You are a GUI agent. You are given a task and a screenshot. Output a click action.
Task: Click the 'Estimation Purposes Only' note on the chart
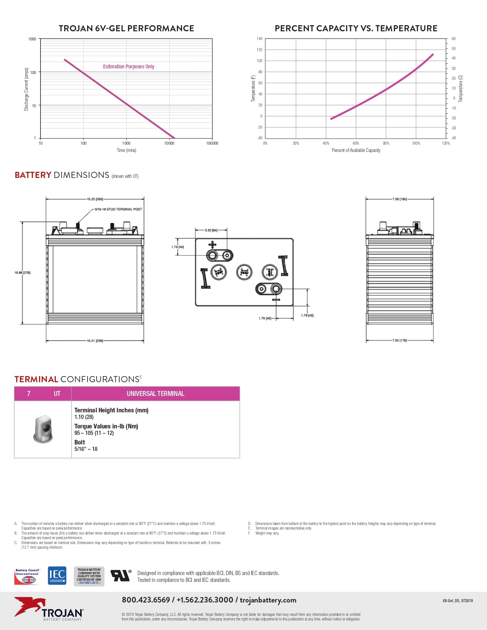[x=129, y=66]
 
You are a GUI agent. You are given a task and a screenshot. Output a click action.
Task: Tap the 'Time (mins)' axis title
[x=126, y=150]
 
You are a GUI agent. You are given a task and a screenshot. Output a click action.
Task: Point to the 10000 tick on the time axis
[x=169, y=144]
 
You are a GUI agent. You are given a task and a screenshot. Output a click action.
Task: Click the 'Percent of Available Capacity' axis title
[x=356, y=150]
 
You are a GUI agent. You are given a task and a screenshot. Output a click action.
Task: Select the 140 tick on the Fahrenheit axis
[x=260, y=39]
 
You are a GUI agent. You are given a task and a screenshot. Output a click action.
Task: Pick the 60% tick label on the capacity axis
[x=356, y=144]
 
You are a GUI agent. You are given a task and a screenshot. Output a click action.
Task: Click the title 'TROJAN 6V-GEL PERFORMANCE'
[x=126, y=28]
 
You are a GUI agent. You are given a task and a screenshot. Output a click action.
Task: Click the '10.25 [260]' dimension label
[x=95, y=199]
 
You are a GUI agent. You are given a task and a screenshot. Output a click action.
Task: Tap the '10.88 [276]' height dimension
[x=23, y=273]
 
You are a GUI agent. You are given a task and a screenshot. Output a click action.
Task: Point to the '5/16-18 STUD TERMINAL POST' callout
[x=118, y=209]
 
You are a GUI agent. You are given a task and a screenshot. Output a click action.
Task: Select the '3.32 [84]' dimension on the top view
[x=211, y=230]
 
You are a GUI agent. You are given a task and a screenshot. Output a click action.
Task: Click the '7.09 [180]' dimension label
[x=400, y=199]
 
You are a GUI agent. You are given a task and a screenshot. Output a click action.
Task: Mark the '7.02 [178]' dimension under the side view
[x=400, y=340]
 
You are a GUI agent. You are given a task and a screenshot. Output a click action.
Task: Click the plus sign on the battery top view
[x=212, y=245]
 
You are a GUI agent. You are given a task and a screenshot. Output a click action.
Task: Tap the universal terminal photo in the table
[x=43, y=430]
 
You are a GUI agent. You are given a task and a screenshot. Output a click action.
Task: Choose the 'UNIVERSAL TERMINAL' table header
[x=155, y=394]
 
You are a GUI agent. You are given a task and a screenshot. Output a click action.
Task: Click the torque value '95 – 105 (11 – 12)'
[x=94, y=433]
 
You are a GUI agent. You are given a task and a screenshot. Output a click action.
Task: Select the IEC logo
[x=57, y=575]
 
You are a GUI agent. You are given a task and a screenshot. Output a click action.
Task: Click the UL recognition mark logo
[x=121, y=575]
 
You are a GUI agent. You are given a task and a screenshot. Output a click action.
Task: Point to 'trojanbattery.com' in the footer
[x=268, y=600]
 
